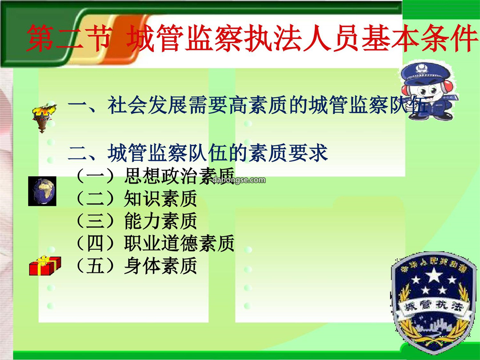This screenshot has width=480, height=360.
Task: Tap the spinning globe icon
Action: point(42,191)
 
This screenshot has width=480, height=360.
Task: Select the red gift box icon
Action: point(45,266)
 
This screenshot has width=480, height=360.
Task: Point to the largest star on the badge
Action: point(434,275)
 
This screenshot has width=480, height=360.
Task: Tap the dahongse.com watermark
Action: point(239,180)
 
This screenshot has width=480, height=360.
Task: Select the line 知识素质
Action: point(160,199)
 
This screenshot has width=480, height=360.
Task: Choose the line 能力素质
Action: point(160,221)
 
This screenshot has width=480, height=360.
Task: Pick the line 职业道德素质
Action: point(180,244)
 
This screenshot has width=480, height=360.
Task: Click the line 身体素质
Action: point(160,266)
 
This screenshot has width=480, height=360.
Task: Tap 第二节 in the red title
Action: point(68,39)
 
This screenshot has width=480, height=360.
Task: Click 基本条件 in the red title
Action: point(420,39)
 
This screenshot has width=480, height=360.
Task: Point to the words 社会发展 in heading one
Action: point(147,105)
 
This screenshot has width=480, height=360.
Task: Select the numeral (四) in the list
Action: point(95,244)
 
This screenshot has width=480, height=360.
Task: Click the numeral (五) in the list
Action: point(95,266)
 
